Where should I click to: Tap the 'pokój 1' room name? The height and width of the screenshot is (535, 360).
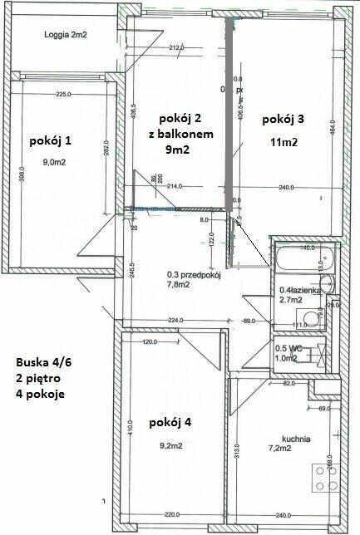coord(50,140)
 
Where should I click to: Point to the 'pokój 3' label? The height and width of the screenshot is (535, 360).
coord(283,120)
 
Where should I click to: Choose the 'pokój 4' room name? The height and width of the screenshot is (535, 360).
coord(171,423)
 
